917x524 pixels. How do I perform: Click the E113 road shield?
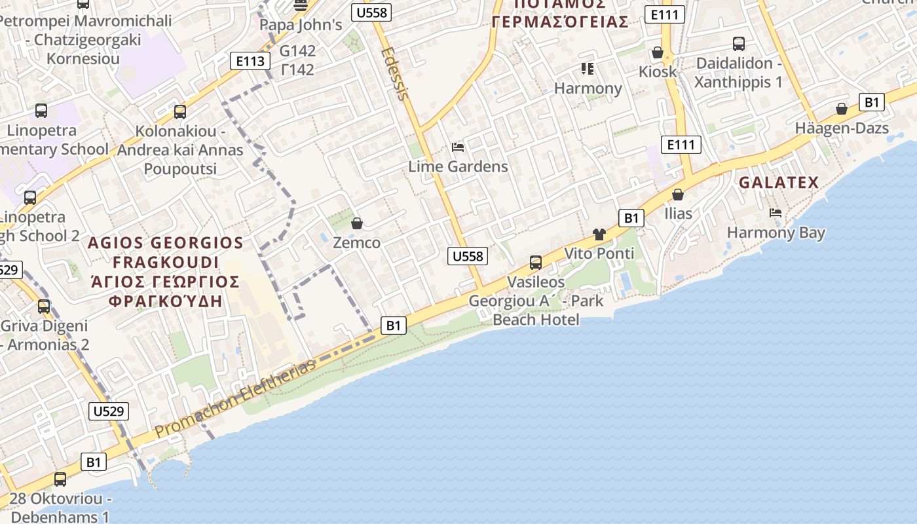coord(251,62)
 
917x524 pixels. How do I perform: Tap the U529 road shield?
coord(108,411)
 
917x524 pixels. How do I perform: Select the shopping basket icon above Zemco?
coord(357,223)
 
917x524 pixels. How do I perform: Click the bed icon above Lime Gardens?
coord(458,147)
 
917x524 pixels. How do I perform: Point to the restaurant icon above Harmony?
coord(587,69)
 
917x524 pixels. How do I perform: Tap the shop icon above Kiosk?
coord(658,52)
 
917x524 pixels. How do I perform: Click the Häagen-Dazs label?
coord(842,128)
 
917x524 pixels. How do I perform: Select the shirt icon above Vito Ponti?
coord(599,234)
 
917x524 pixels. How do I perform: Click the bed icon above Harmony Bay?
coord(776,213)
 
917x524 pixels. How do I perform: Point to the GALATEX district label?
coord(779,183)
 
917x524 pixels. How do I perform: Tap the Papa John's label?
coord(301,26)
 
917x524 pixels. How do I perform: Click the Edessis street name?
coord(394,73)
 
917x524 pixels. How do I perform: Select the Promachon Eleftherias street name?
coord(236,399)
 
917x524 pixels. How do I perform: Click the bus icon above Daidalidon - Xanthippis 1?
coord(739,44)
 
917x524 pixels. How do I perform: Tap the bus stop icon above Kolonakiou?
coord(180,112)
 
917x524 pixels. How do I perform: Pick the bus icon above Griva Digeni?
coord(44,306)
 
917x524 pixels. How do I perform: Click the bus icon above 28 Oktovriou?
coord(60,479)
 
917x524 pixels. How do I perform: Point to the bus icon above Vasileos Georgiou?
coord(535,263)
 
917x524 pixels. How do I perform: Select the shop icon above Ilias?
coord(678,195)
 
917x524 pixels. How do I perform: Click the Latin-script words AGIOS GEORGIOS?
coord(165,243)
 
